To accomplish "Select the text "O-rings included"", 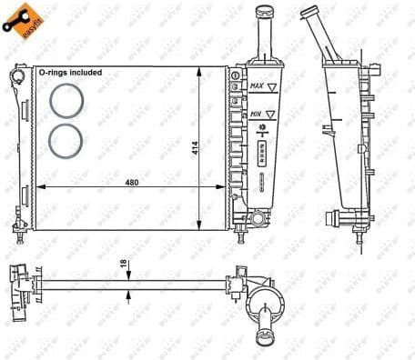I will [x=71, y=71].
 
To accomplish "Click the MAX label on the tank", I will [x=258, y=87].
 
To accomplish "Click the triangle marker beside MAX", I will [x=272, y=87].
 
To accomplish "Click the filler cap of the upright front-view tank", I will [x=264, y=13].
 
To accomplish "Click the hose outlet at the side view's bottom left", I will [x=332, y=218].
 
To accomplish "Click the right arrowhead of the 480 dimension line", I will [x=221, y=186].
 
